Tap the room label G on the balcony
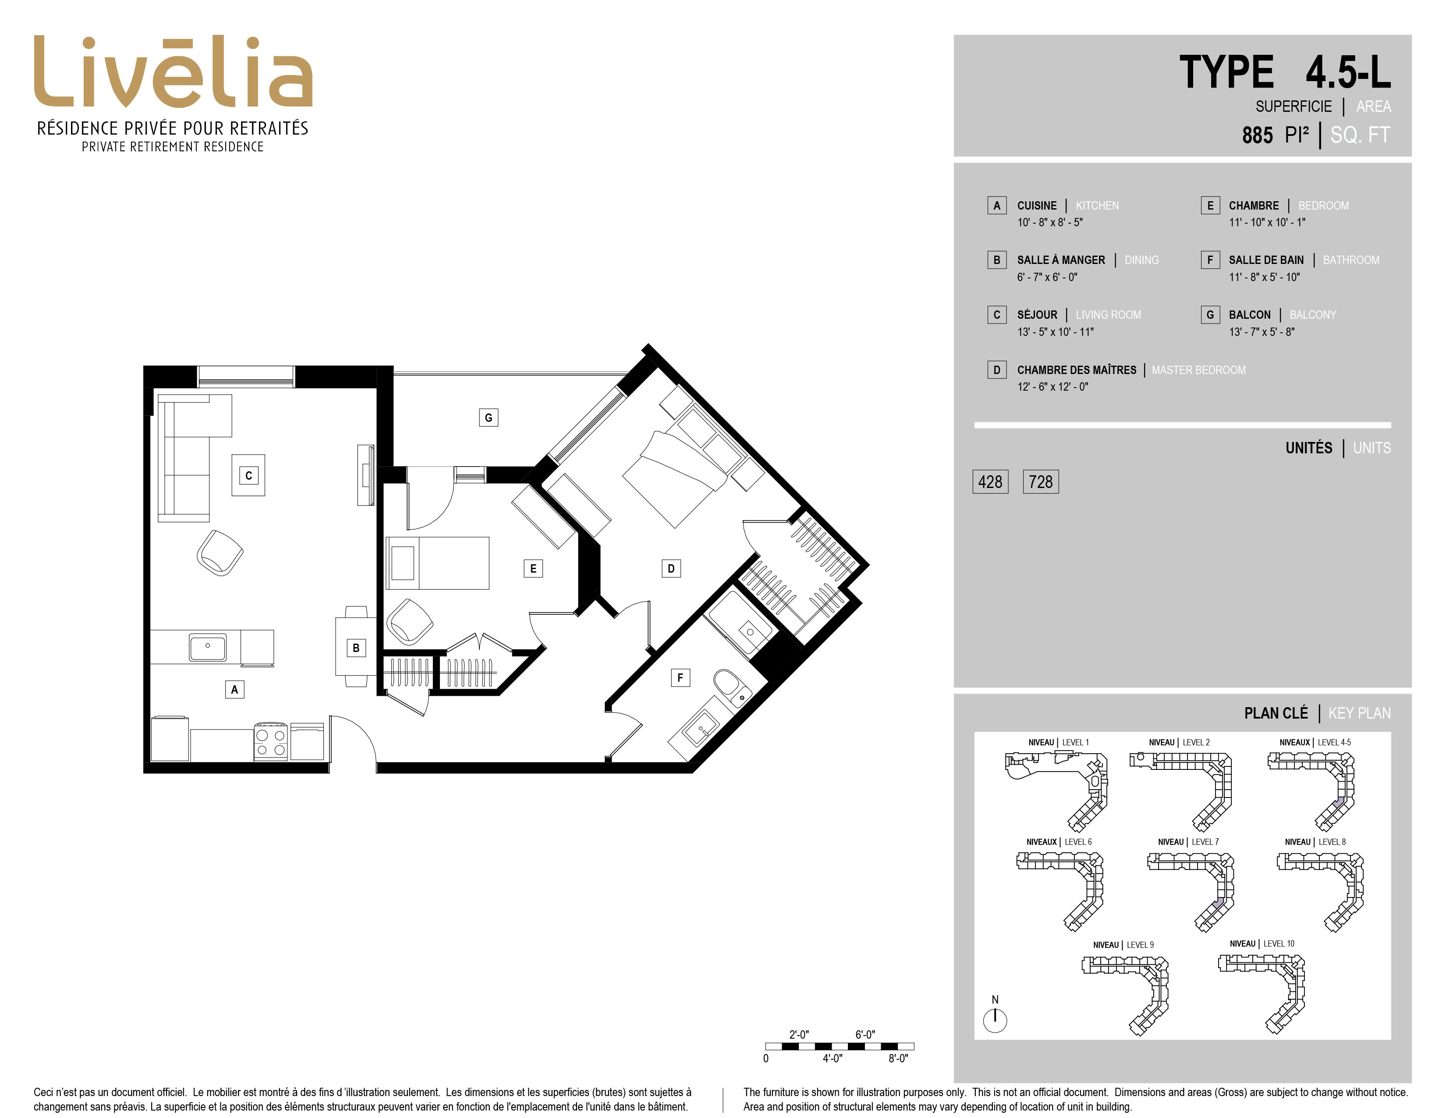click(x=489, y=417)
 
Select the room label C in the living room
click(x=249, y=475)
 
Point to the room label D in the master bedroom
click(x=671, y=568)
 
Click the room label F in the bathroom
click(x=680, y=677)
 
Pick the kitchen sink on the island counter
click(x=207, y=647)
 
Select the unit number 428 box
click(x=990, y=481)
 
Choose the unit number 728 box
click(x=1041, y=481)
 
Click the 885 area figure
click(x=1257, y=135)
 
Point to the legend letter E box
click(x=1210, y=205)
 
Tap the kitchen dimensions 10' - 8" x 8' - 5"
click(x=1050, y=223)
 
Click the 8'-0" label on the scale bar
click(x=898, y=1058)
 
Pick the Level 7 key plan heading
click(x=1188, y=842)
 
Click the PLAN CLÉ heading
click(x=1276, y=713)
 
